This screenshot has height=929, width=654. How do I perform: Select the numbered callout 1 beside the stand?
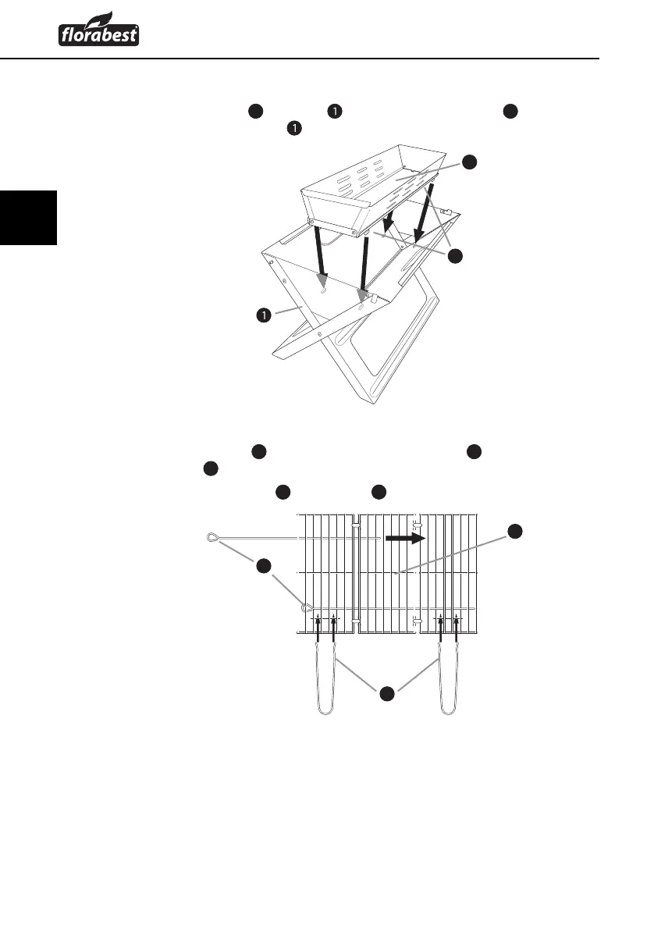point(265,315)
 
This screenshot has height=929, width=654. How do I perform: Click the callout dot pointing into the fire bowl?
point(468,162)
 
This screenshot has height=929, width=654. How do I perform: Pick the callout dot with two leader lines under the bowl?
point(457,255)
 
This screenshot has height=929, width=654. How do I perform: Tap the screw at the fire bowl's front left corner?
point(312,222)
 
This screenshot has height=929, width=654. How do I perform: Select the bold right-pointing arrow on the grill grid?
point(406,538)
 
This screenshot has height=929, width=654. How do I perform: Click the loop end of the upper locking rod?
point(212,536)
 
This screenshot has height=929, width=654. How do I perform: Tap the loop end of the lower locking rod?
point(307,607)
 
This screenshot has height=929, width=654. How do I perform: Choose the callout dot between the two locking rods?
point(264,568)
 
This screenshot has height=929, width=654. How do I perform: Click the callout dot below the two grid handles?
point(386,692)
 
